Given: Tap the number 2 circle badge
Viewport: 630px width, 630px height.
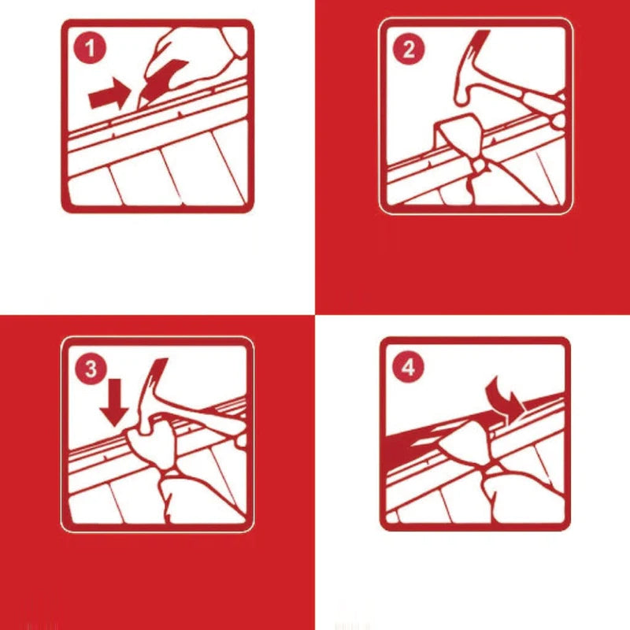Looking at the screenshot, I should [408, 50].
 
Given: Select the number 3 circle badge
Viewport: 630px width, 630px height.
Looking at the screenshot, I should [91, 369].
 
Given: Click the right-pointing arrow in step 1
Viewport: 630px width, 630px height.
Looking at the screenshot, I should [109, 96].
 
